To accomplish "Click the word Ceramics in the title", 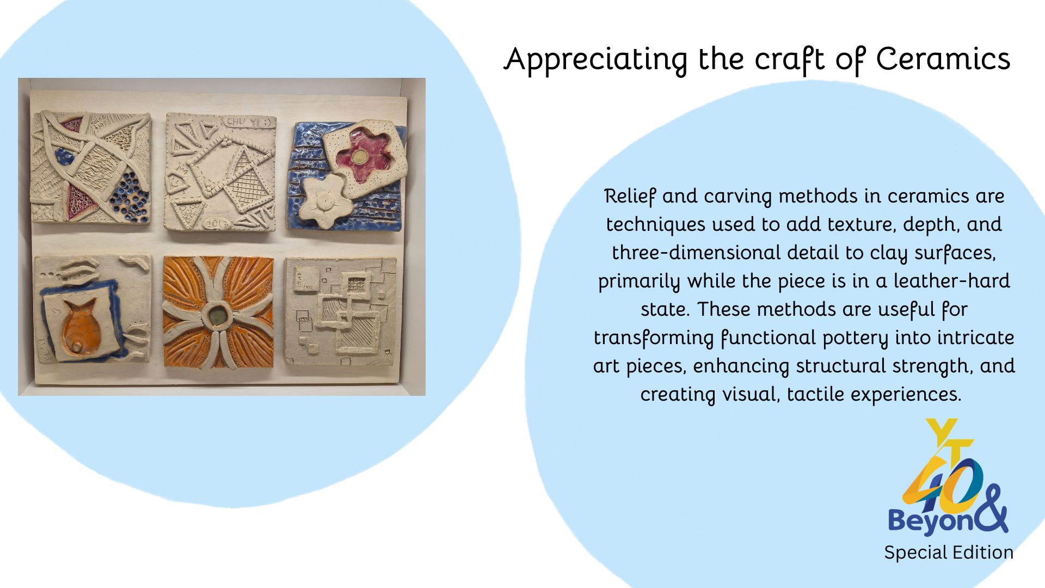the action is pyautogui.click(x=943, y=59).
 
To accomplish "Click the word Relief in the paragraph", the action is pyautogui.click(x=630, y=196).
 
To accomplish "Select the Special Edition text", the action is pyautogui.click(x=949, y=552).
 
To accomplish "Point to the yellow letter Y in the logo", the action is pyautogui.click(x=942, y=432).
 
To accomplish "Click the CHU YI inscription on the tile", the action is pyautogui.click(x=245, y=123).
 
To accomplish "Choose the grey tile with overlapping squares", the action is pyautogui.click(x=341, y=311).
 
